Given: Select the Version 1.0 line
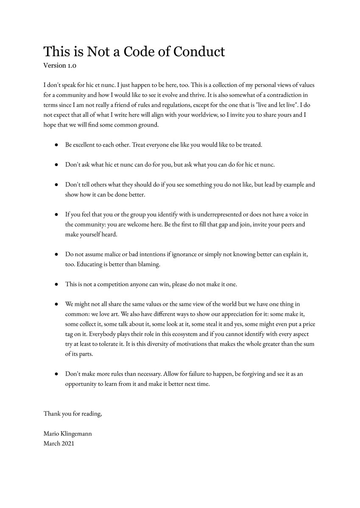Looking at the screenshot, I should [x=60, y=65].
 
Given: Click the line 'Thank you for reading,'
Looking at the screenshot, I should [x=73, y=414].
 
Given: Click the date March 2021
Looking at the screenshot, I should [x=59, y=443].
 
